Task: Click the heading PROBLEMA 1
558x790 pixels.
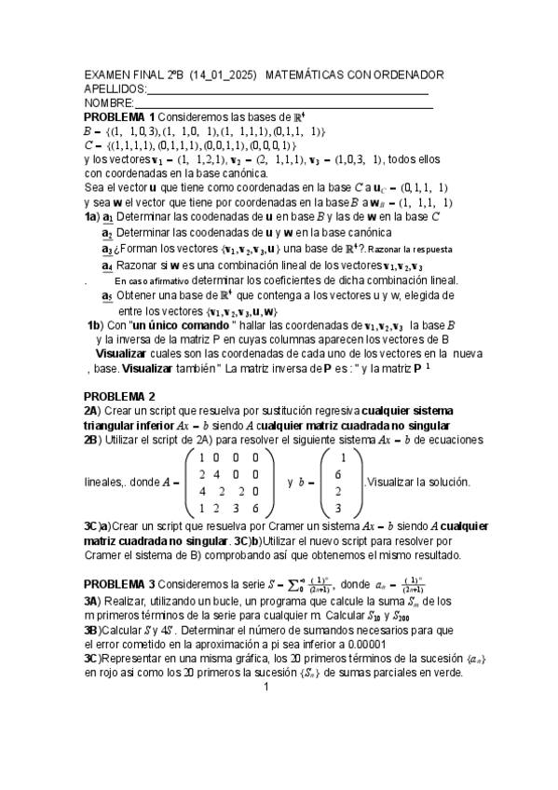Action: tap(119, 117)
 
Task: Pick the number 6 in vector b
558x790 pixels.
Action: tap(344, 474)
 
